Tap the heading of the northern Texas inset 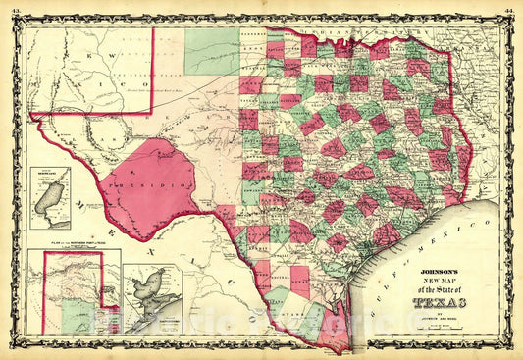(x=69, y=253)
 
